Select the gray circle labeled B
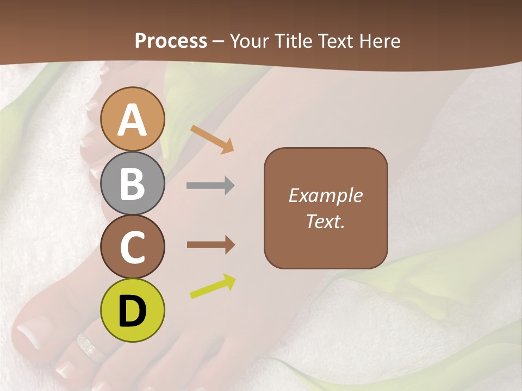tap(133, 184)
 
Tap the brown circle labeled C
tap(133, 247)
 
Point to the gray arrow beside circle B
tap(210, 186)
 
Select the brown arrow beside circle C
tap(210, 245)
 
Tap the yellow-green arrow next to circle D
tap(213, 287)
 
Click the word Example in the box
tap(325, 195)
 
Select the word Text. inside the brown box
tap(325, 222)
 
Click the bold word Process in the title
tap(171, 41)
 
